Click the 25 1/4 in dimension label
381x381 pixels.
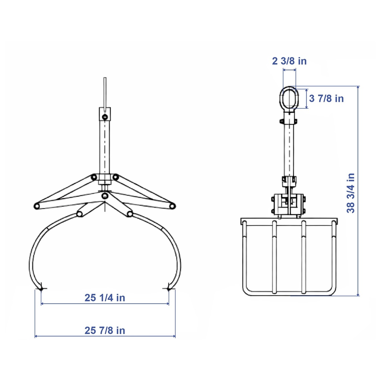coord(105,298)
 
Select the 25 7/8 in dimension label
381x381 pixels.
coord(105,330)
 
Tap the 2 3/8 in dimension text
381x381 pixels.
coord(289,61)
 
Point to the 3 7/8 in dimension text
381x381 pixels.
coord(326,98)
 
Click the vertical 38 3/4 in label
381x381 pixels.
coord(350,193)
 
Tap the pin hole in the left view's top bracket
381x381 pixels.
coord(105,117)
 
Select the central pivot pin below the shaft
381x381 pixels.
coord(105,196)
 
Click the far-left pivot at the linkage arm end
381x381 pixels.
coord(37,206)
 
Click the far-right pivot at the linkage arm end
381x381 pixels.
coord(172,206)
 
